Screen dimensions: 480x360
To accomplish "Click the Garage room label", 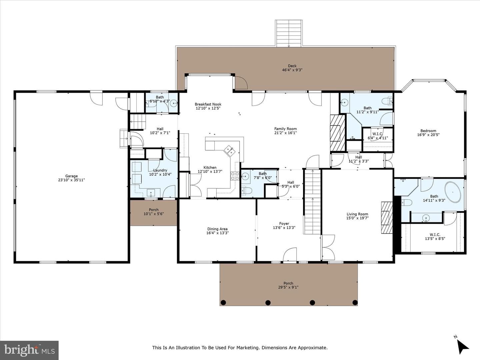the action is pos(71,176).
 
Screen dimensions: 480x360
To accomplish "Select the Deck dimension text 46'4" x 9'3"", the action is pos(292,70).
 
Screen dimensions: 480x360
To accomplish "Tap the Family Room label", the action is pos(285,129).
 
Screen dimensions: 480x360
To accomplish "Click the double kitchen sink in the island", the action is pos(229,151).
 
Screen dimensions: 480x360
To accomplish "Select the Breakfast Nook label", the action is pos(208,104).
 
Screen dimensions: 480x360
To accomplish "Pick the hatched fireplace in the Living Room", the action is pos(387,218).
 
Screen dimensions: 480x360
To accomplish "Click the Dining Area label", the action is pos(217,229).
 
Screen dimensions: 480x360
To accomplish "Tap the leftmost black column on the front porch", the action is pos(223,303).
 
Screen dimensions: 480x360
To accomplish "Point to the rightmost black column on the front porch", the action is pos(355,303).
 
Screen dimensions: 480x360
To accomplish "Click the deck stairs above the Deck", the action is pos(289,33).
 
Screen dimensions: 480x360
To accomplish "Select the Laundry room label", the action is pos(160,170).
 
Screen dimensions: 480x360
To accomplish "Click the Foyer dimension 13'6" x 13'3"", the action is pos(284,228).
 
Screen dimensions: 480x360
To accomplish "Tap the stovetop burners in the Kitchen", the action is pos(235,176).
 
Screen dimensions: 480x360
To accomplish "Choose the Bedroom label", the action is pos(428,131).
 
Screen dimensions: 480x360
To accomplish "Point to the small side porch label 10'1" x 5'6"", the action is pos(154,214).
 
